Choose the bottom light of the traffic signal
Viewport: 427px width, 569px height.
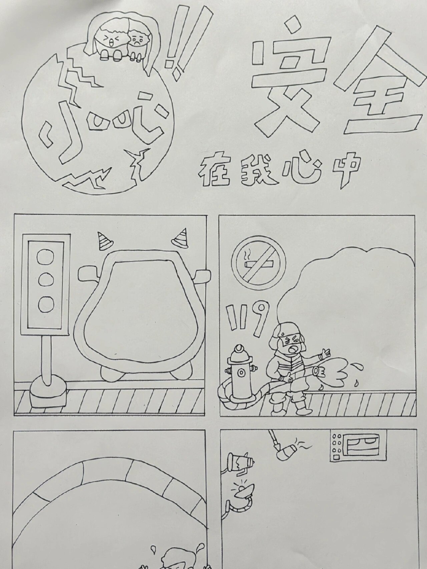(x=46, y=303)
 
